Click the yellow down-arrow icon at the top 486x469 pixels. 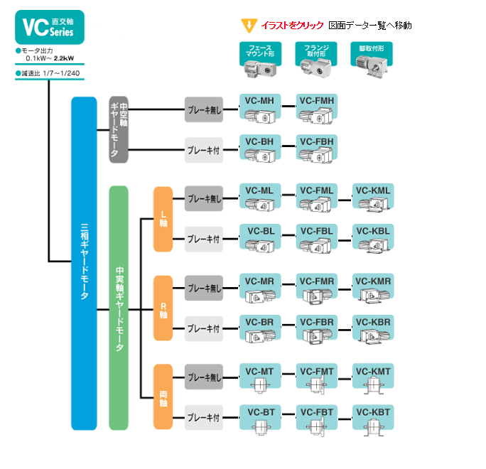pos(249,26)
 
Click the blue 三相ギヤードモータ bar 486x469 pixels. pos(84,263)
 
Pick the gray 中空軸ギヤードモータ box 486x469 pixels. pos(119,129)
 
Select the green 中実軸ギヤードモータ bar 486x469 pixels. pos(119,308)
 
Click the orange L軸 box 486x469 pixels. pos(163,219)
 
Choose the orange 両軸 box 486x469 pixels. pos(163,397)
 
